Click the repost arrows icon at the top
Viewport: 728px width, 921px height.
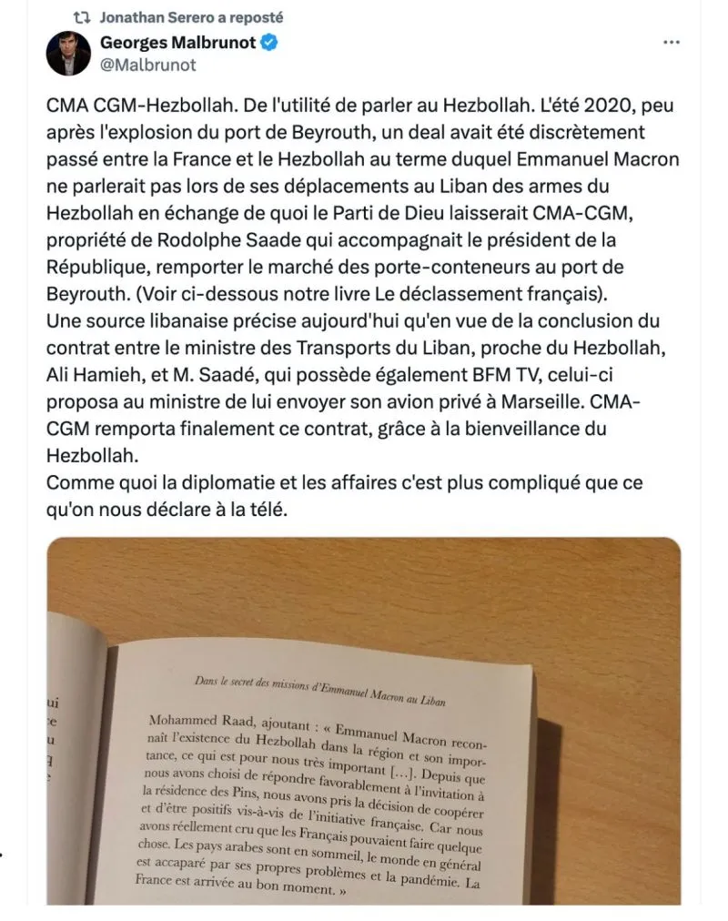(x=82, y=17)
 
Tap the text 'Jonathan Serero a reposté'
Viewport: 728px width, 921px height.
(x=190, y=17)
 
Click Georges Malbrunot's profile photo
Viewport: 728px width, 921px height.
(x=68, y=53)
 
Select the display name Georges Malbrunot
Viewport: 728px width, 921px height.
(x=177, y=42)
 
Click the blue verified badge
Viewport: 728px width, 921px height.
(x=270, y=42)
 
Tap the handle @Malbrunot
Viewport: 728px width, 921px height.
(x=147, y=65)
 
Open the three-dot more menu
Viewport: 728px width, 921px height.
(x=671, y=43)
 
